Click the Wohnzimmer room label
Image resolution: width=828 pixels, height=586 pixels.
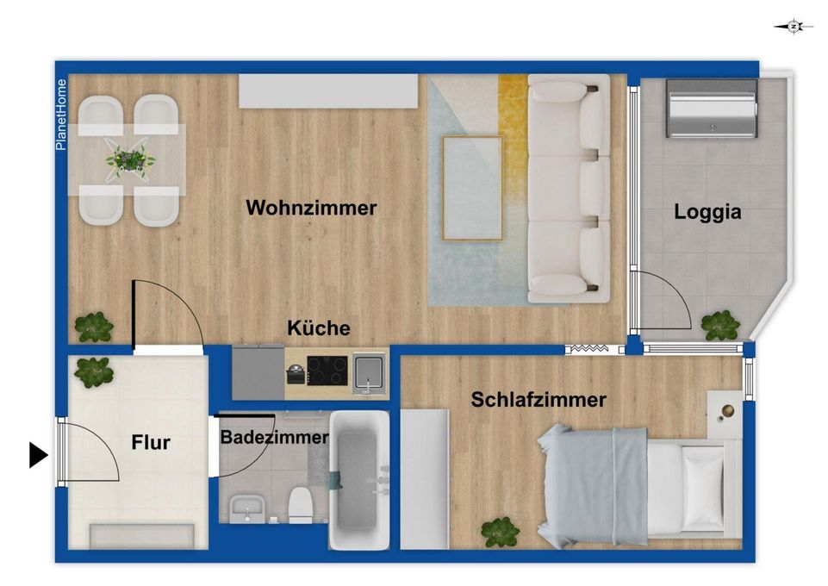[311, 208]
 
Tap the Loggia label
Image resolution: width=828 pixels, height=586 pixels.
[707, 212]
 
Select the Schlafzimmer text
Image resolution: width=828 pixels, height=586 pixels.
[539, 399]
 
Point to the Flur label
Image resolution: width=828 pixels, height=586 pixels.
[151, 442]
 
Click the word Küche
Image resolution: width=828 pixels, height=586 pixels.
[319, 327]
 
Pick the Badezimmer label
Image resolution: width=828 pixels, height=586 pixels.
[274, 437]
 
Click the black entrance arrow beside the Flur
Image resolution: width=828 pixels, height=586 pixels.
[38, 454]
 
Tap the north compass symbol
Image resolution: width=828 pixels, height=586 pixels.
[794, 27]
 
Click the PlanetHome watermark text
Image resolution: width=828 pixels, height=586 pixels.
[61, 115]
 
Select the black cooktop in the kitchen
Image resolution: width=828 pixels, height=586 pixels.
[327, 371]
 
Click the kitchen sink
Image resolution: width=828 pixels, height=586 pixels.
[369, 374]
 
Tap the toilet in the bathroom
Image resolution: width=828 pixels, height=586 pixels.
[301, 505]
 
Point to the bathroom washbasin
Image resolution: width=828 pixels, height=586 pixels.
[246, 509]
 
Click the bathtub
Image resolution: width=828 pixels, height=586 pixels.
[359, 480]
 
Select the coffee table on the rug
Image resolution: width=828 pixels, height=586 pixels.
[472, 188]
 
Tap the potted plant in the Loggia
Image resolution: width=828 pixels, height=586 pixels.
[720, 325]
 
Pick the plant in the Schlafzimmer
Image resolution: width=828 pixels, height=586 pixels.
[500, 533]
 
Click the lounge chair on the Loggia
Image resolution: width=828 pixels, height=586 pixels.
[712, 109]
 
